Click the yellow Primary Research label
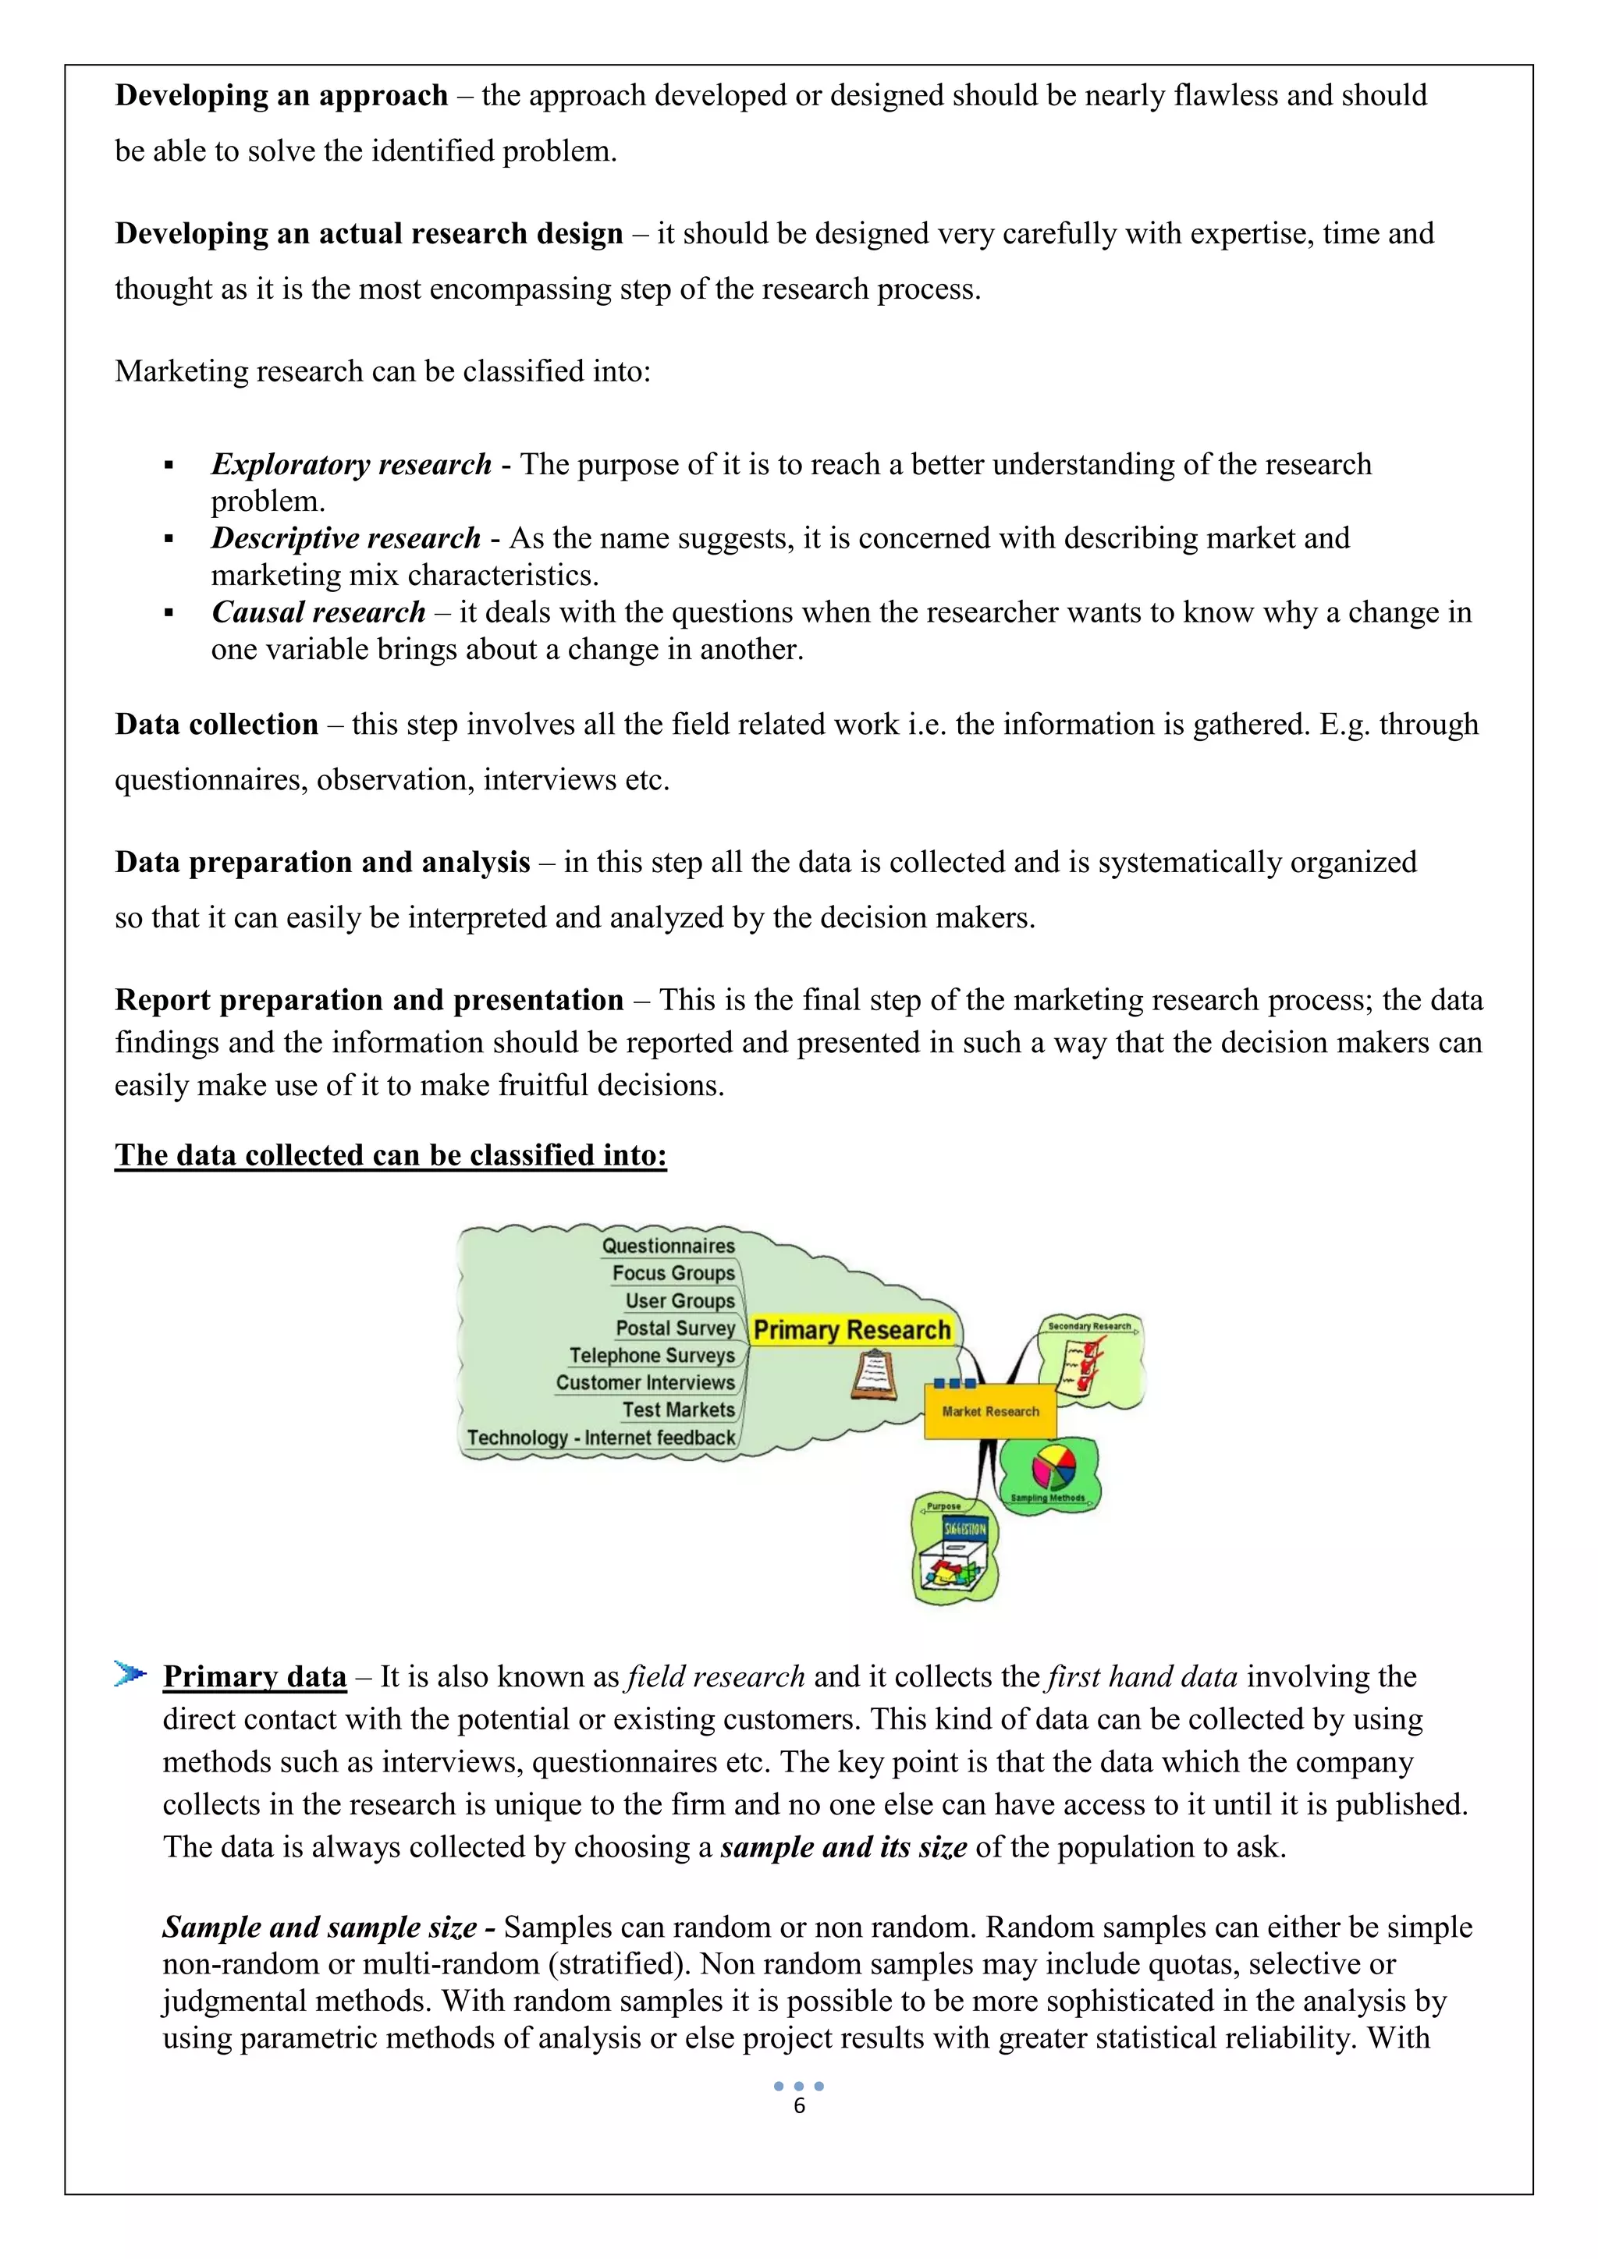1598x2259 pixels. [851, 1330]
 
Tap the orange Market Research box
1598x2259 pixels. [990, 1411]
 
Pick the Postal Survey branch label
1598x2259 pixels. [675, 1328]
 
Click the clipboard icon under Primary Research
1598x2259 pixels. [874, 1375]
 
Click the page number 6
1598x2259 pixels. [799, 2105]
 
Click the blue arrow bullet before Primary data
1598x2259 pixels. [129, 1674]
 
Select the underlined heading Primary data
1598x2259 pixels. [255, 1676]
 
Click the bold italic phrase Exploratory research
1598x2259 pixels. [351, 464]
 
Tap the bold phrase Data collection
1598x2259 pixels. [216, 724]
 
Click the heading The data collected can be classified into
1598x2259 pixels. [391, 1155]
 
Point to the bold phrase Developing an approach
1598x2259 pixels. [282, 95]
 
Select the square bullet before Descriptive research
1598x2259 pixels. [169, 539]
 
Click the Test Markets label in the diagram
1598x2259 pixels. [678, 1410]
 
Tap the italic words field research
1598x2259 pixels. [716, 1676]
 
